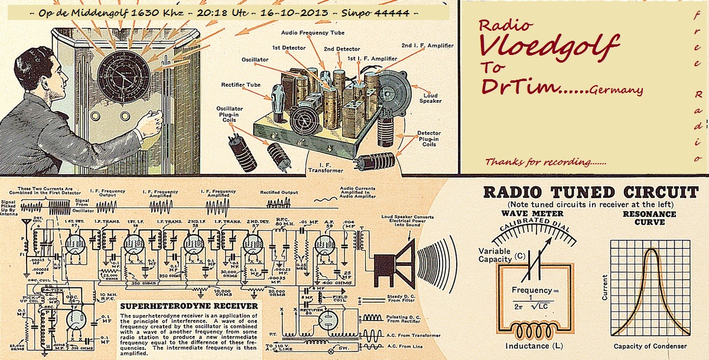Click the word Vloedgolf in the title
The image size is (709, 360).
click(549, 46)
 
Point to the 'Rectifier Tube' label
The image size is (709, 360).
click(241, 85)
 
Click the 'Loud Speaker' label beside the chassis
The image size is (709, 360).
click(431, 98)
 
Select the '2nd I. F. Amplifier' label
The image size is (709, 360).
click(428, 46)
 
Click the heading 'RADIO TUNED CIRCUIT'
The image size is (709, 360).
click(590, 193)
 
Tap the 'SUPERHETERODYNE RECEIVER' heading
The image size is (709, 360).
click(188, 306)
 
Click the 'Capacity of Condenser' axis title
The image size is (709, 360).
click(650, 346)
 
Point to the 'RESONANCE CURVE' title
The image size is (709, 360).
click(649, 218)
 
